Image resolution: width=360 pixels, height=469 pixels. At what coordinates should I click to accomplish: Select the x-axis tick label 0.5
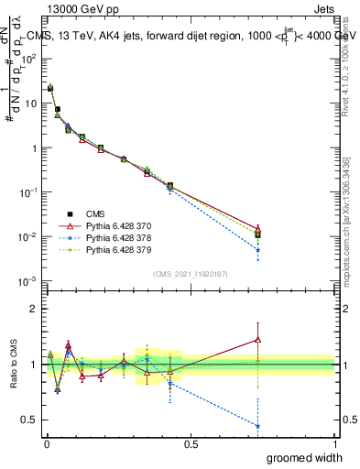(190, 442)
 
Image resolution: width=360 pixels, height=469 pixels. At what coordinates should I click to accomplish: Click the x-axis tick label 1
(334, 442)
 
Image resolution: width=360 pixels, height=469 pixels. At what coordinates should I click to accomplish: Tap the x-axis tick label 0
(45, 442)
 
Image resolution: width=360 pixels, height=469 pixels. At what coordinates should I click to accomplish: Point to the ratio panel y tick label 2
(32, 309)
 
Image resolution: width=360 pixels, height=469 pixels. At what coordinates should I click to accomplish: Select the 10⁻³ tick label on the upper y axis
(28, 281)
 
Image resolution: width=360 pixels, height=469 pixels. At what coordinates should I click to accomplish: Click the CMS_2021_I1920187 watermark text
(190, 273)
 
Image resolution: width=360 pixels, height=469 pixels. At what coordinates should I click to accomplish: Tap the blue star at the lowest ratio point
(258, 426)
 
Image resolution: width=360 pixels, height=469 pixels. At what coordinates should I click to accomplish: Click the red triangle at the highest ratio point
(258, 339)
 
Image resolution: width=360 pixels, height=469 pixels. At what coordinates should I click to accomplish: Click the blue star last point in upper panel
(258, 250)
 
